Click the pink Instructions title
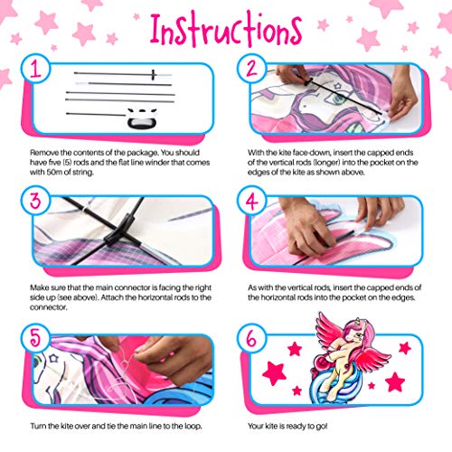tap(226, 29)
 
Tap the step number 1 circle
tap(35, 69)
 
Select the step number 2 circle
tap(251, 69)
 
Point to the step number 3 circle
tap(35, 201)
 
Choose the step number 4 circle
tap(251, 201)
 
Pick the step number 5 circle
tap(35, 338)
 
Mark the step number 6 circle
tap(251, 338)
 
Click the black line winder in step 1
tap(142, 118)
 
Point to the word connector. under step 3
tap(48, 307)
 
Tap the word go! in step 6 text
tap(322, 426)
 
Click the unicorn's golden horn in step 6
tap(358, 320)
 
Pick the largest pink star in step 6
tap(274, 373)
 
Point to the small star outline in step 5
tap(53, 358)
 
